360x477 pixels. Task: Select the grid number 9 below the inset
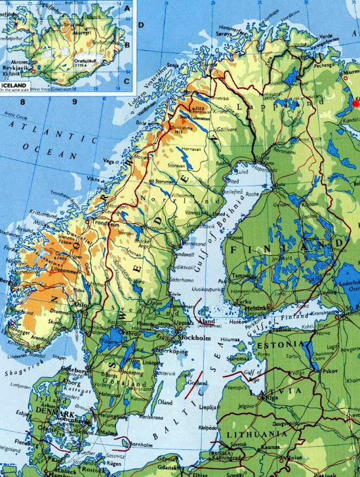75,102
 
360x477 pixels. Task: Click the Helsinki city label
258,308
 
